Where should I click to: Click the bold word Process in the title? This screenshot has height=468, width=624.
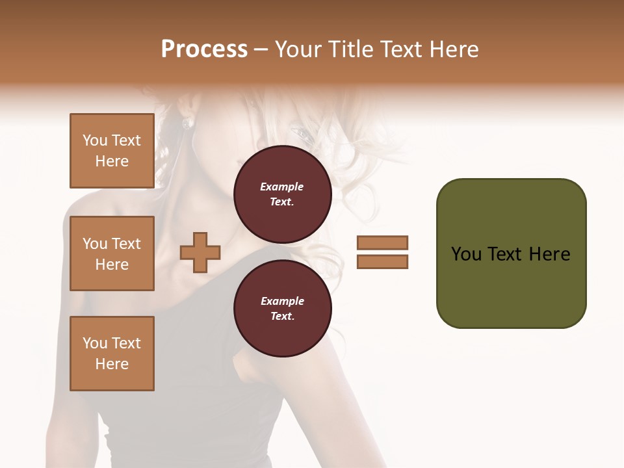[x=204, y=49]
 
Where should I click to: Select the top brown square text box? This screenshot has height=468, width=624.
[x=112, y=151]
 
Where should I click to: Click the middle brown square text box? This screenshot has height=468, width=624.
[x=112, y=253]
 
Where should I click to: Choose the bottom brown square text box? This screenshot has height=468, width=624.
[x=112, y=353]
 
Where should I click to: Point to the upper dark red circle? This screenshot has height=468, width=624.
[x=282, y=194]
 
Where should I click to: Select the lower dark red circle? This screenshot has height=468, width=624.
[x=282, y=309]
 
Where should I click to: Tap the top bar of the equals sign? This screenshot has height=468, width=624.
[x=382, y=242]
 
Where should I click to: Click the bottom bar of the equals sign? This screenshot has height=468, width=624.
[x=382, y=262]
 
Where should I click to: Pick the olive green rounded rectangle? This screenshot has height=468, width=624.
[x=511, y=253]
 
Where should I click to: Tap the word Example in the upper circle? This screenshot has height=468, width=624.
[x=282, y=187]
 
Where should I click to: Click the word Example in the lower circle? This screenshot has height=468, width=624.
[x=282, y=301]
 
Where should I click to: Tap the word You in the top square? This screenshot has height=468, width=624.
[x=95, y=140]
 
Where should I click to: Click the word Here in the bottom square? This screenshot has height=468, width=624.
[x=112, y=364]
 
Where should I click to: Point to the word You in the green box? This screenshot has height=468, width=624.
[x=465, y=254]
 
